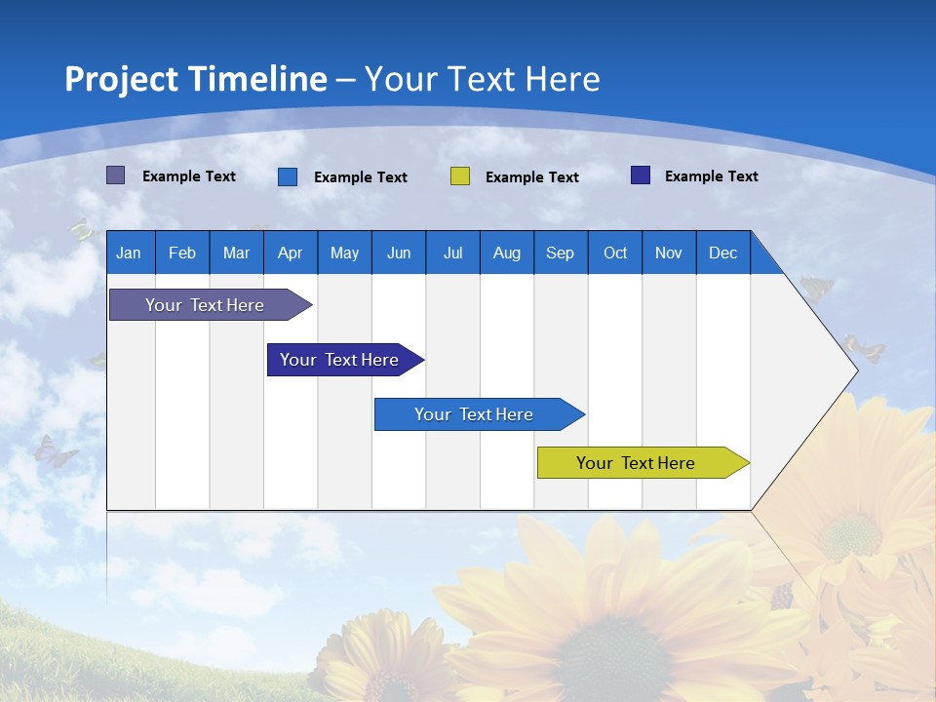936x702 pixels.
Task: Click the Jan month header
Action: [x=130, y=253]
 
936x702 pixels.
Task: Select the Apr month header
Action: [x=291, y=253]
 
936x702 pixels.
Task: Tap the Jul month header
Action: [x=452, y=253]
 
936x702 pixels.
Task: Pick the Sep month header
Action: [x=561, y=253]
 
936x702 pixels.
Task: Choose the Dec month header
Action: [x=722, y=253]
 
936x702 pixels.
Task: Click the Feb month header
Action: [x=182, y=253]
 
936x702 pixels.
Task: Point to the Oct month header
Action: [x=615, y=253]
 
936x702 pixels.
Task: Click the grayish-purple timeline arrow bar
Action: [x=205, y=305]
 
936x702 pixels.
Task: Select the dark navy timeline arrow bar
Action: [x=339, y=360]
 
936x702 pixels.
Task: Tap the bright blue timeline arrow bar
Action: [x=474, y=414]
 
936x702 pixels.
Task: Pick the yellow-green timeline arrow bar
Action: [x=636, y=463]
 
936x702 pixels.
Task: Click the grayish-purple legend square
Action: [x=116, y=175]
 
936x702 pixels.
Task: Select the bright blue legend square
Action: [x=288, y=176]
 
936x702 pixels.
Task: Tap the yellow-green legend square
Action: [x=460, y=176]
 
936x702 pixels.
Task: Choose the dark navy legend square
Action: [x=641, y=175]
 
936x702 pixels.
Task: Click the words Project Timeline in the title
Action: [x=196, y=79]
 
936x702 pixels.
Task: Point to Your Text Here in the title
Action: [x=483, y=79]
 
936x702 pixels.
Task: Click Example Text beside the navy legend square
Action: [x=711, y=176]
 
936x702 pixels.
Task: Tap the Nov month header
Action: [x=669, y=253]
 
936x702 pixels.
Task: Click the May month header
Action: [x=344, y=253]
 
